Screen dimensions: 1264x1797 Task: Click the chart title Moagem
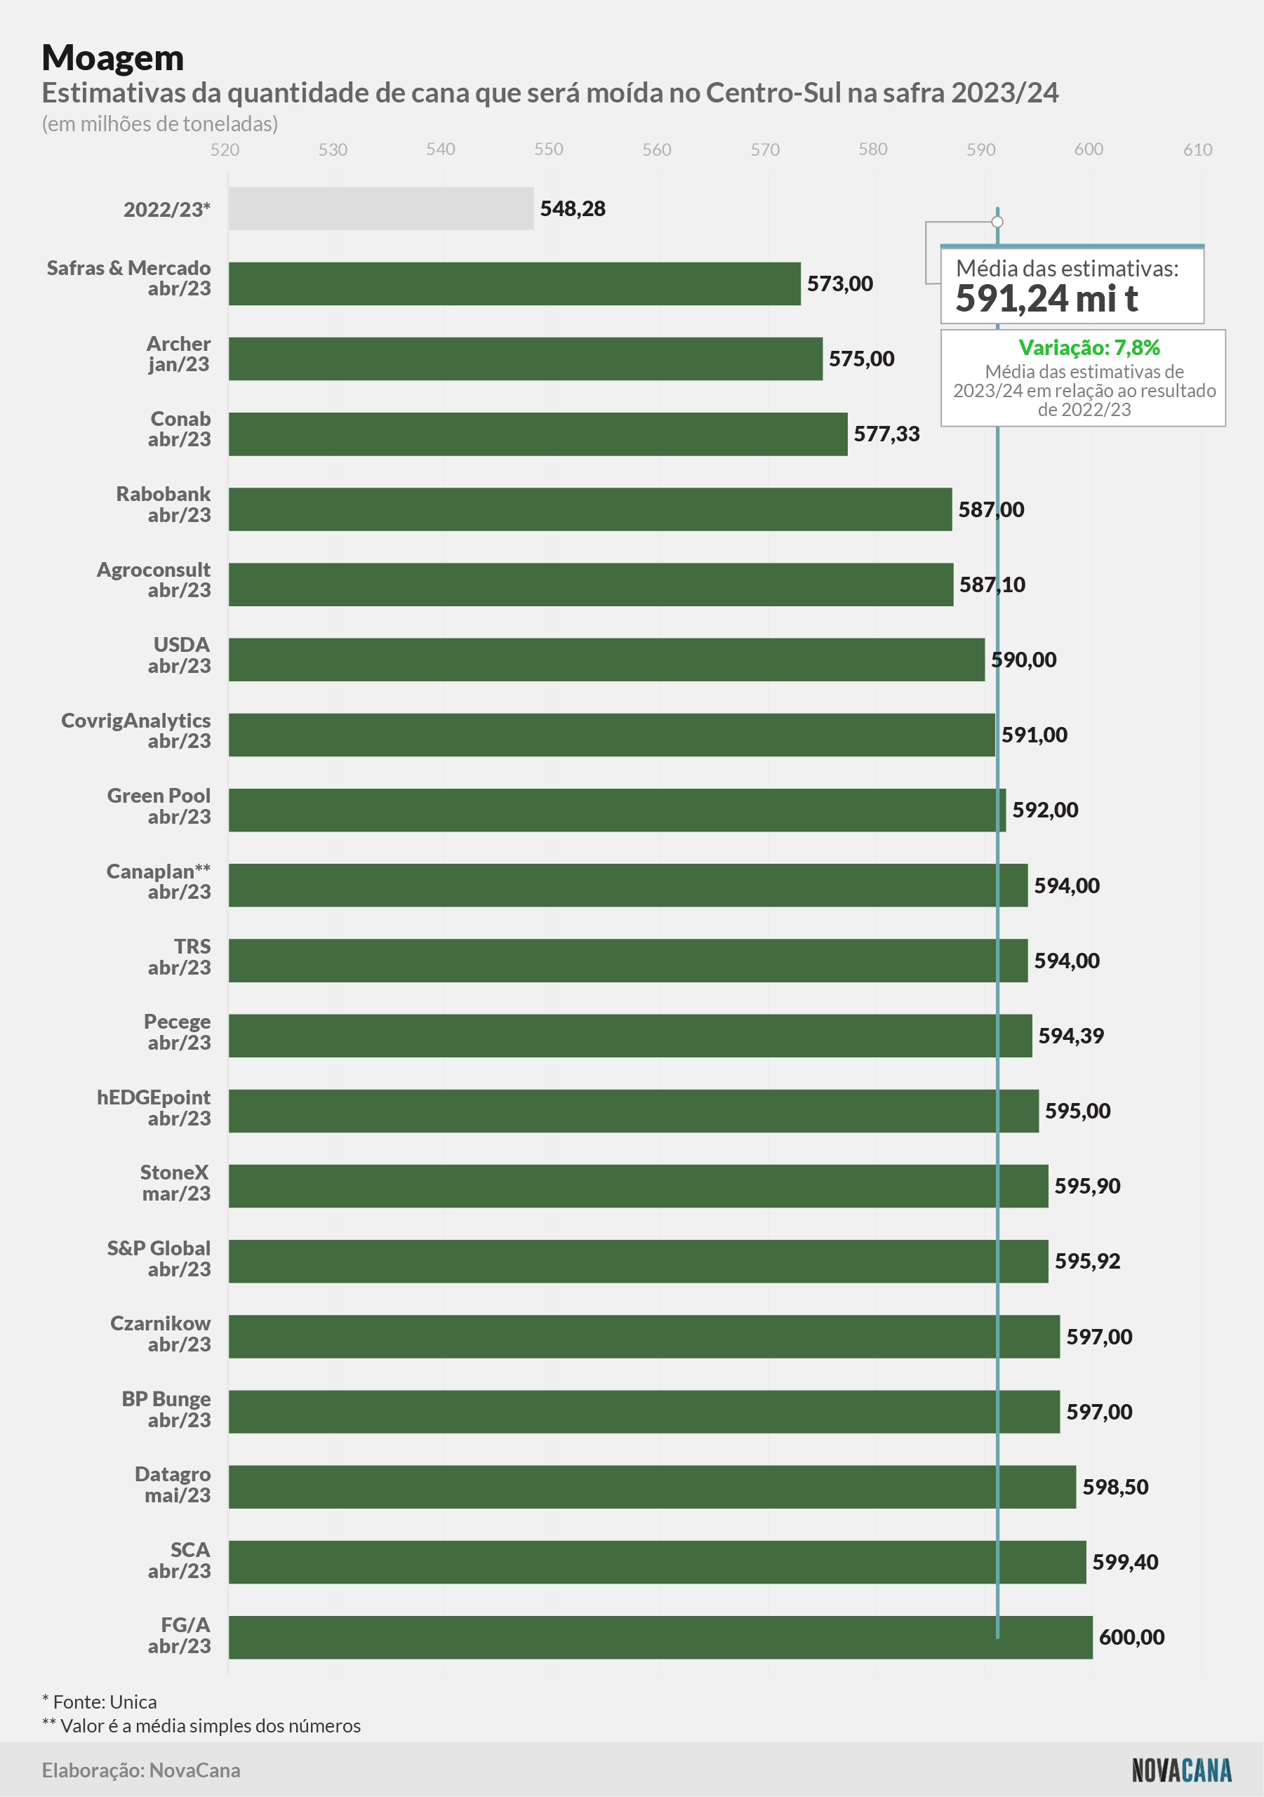pyautogui.click(x=113, y=59)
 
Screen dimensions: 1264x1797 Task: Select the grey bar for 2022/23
pyautogui.click(x=381, y=208)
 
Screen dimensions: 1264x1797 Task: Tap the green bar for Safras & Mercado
pyautogui.click(x=514, y=283)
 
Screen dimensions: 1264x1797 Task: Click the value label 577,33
pyautogui.click(x=886, y=434)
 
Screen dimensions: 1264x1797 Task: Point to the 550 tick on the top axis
pyautogui.click(x=549, y=149)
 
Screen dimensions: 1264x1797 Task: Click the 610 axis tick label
pyautogui.click(x=1197, y=149)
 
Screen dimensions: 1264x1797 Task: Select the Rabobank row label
pyautogui.click(x=164, y=505)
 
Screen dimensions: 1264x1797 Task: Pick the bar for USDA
pyautogui.click(x=606, y=660)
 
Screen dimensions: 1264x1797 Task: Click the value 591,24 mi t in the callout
pyautogui.click(x=1046, y=298)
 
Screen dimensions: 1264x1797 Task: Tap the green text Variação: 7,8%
pyautogui.click(x=1089, y=347)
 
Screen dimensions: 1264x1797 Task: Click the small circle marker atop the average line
pyautogui.click(x=997, y=222)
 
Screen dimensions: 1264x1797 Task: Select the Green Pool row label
pyautogui.click(x=159, y=806)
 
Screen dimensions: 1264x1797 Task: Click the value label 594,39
pyautogui.click(x=1071, y=1036)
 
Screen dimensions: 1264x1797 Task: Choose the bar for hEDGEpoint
pyautogui.click(x=634, y=1111)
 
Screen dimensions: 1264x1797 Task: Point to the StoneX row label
pyautogui.click(x=176, y=1182)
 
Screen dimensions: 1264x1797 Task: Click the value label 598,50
pyautogui.click(x=1115, y=1487)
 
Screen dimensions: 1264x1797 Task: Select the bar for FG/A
pyautogui.click(x=660, y=1637)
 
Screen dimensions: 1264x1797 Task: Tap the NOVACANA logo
pyautogui.click(x=1182, y=1770)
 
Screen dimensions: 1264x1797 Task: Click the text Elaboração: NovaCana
pyautogui.click(x=141, y=1770)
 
